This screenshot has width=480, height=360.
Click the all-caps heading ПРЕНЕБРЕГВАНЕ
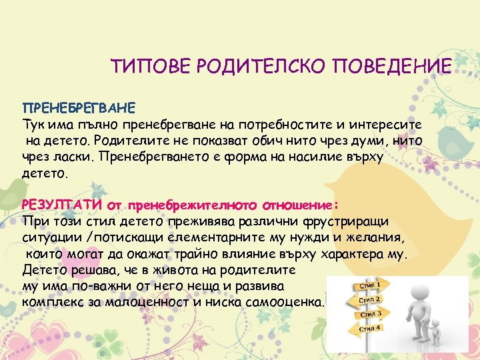click(x=79, y=108)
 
